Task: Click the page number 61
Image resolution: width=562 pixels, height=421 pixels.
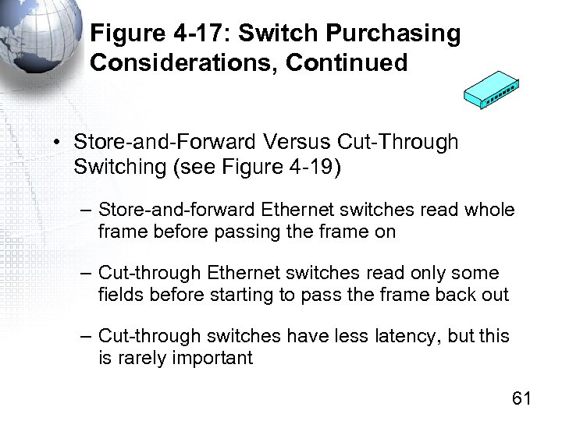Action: pos(521,398)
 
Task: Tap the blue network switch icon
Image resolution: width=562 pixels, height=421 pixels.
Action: pos(491,91)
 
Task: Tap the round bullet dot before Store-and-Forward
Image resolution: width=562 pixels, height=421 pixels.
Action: pos(58,143)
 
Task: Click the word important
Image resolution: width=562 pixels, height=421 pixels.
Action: pos(215,358)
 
